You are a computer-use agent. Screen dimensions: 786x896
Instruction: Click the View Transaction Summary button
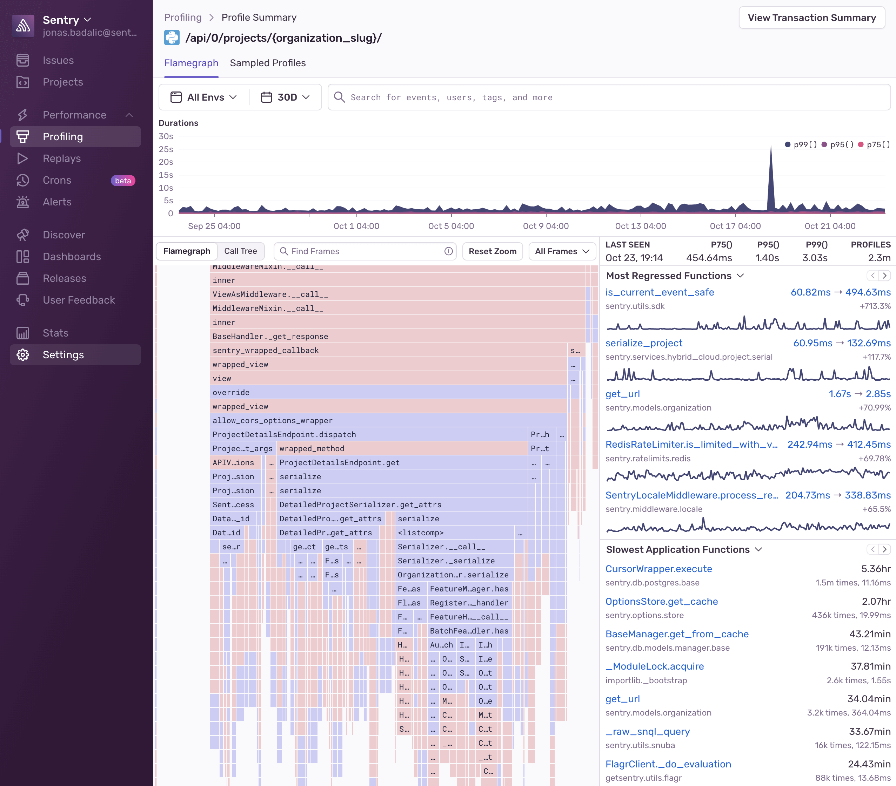point(811,18)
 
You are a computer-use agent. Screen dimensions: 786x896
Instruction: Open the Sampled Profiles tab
point(267,63)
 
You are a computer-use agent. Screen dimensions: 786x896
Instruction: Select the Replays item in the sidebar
point(61,158)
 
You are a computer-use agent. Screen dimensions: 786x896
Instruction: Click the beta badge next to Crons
point(123,181)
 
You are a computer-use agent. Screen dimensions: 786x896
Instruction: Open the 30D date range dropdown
point(285,97)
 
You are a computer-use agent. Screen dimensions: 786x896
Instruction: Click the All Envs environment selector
point(204,97)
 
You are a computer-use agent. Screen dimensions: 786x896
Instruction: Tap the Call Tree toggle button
point(240,251)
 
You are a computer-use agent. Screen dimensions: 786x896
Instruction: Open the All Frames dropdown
point(562,251)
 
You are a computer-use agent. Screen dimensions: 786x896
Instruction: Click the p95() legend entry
point(838,144)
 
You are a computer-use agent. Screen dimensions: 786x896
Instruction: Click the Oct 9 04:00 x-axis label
point(546,226)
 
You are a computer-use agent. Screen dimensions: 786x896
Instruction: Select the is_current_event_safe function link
point(659,292)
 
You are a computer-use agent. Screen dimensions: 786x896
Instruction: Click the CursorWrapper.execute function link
point(658,569)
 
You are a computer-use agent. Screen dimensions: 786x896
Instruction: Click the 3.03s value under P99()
point(815,258)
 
